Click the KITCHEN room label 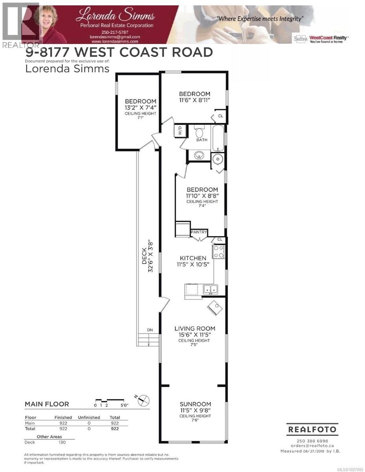tap(192, 258)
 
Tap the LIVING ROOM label tap(195, 328)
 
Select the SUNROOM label tap(195, 404)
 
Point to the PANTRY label tap(199, 232)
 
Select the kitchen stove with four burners tap(219, 252)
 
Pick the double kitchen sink tap(210, 289)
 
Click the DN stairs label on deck tap(150, 330)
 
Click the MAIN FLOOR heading tap(47, 404)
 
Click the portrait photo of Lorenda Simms tap(50, 22)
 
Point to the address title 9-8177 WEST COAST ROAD tap(119, 52)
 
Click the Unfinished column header tap(89, 417)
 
